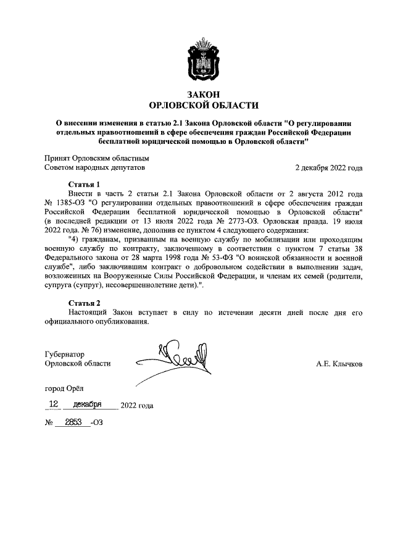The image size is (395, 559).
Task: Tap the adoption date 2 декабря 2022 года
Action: coord(329,167)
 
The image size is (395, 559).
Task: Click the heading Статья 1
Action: coord(83,184)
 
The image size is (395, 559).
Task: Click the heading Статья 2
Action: coord(83,303)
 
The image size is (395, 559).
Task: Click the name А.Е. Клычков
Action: coord(339,364)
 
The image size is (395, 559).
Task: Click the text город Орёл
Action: coord(64,389)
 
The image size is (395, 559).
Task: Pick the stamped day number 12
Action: coord(54,405)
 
